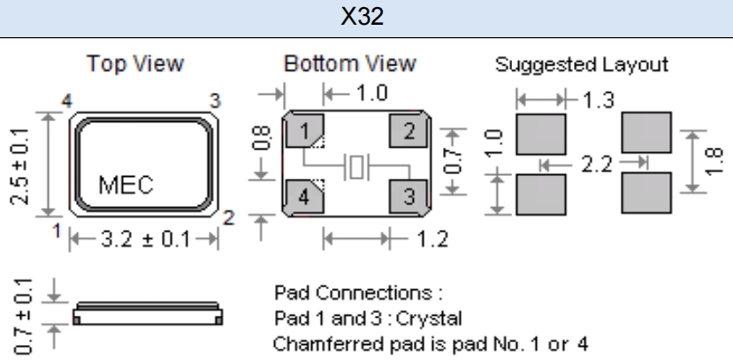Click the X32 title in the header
coord(365,19)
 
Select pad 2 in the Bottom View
coord(408,134)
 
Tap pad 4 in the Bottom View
coord(304,196)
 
